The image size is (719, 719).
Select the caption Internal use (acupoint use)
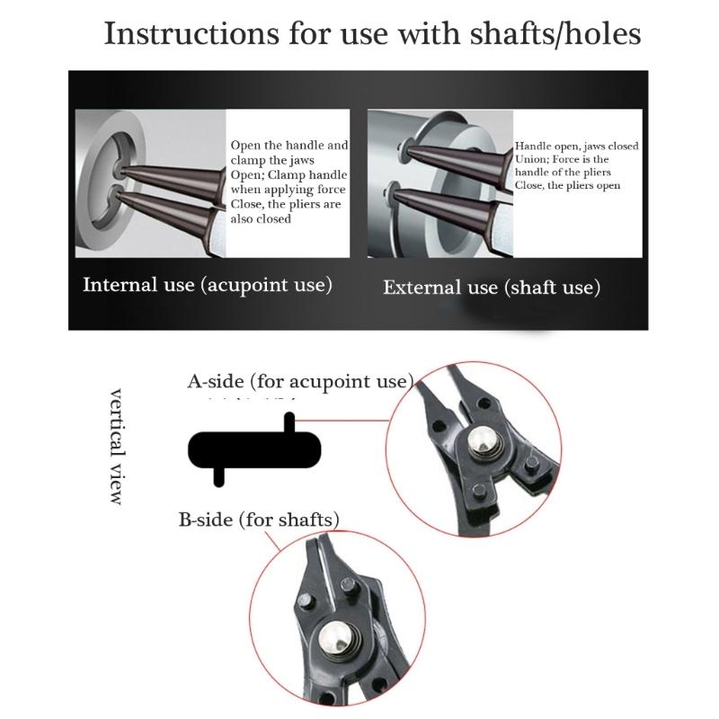tap(208, 285)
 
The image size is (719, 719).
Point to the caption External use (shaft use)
tap(492, 288)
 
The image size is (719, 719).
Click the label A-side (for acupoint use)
tap(300, 381)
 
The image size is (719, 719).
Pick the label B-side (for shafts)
tap(259, 519)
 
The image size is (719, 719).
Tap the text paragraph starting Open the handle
tap(288, 182)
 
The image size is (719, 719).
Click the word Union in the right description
tap(531, 159)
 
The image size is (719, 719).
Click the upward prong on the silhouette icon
tap(288, 422)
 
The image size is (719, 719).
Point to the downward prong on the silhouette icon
tap(218, 475)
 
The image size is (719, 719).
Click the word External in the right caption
tap(414, 288)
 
